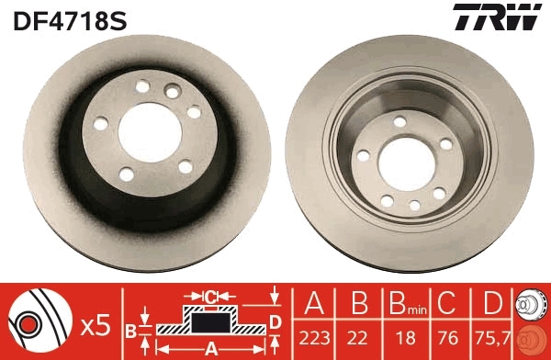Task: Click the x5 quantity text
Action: (x=95, y=323)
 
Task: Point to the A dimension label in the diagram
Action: (x=210, y=347)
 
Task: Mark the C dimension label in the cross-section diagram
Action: (x=210, y=297)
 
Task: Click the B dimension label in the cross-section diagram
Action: (x=131, y=328)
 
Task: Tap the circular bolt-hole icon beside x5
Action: (x=39, y=321)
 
